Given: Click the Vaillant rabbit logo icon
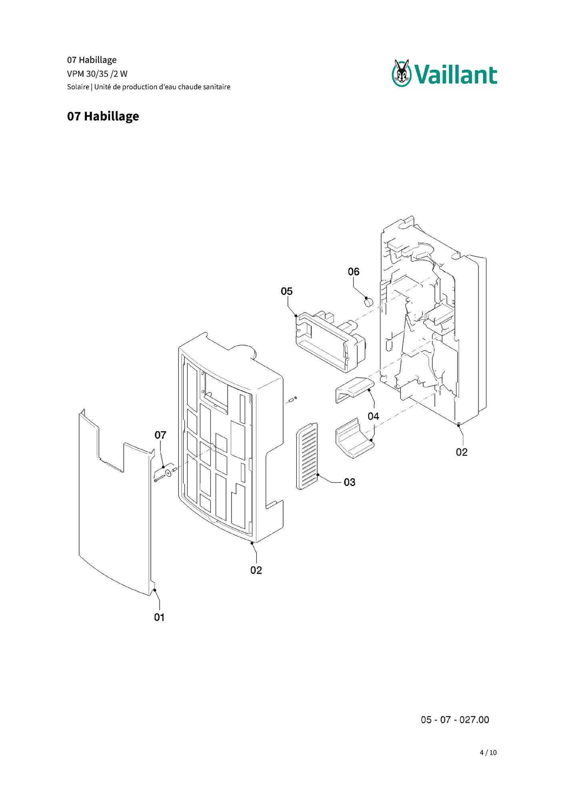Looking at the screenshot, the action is (x=401, y=73).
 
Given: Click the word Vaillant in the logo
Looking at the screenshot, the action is (x=455, y=75).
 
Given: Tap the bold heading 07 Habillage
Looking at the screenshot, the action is (x=103, y=116).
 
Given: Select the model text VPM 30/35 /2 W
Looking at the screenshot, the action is (x=97, y=74).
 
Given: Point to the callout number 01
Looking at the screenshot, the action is (x=159, y=617).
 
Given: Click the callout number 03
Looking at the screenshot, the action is (x=350, y=482).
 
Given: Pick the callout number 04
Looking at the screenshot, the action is (x=373, y=416).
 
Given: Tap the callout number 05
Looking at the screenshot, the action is (x=287, y=291).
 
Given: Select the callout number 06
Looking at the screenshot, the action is (x=354, y=272).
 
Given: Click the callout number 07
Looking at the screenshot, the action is (x=160, y=435).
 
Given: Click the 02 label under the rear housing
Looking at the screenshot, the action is (x=462, y=452).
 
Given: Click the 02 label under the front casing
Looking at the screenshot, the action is (x=256, y=570).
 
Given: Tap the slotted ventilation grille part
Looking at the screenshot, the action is (x=307, y=456).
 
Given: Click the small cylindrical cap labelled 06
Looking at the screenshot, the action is (x=368, y=301).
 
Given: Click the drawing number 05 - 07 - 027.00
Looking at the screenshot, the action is (x=455, y=720).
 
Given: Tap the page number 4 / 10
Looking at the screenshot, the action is (x=488, y=753).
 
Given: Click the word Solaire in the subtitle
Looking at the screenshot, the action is (x=78, y=87).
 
